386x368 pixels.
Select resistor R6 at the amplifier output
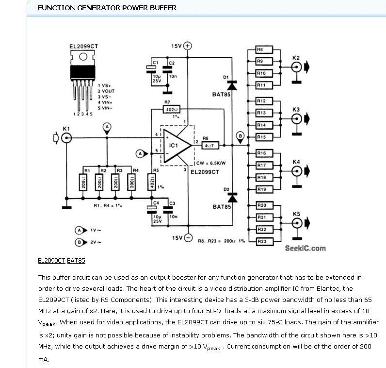coord(209,144)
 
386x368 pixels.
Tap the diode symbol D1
coord(231,85)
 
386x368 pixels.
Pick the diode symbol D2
coord(231,198)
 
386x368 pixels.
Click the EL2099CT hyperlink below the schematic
coord(51,261)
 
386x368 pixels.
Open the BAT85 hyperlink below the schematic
coord(76,261)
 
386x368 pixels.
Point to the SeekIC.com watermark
coord(305,248)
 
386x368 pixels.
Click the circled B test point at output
coord(240,135)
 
